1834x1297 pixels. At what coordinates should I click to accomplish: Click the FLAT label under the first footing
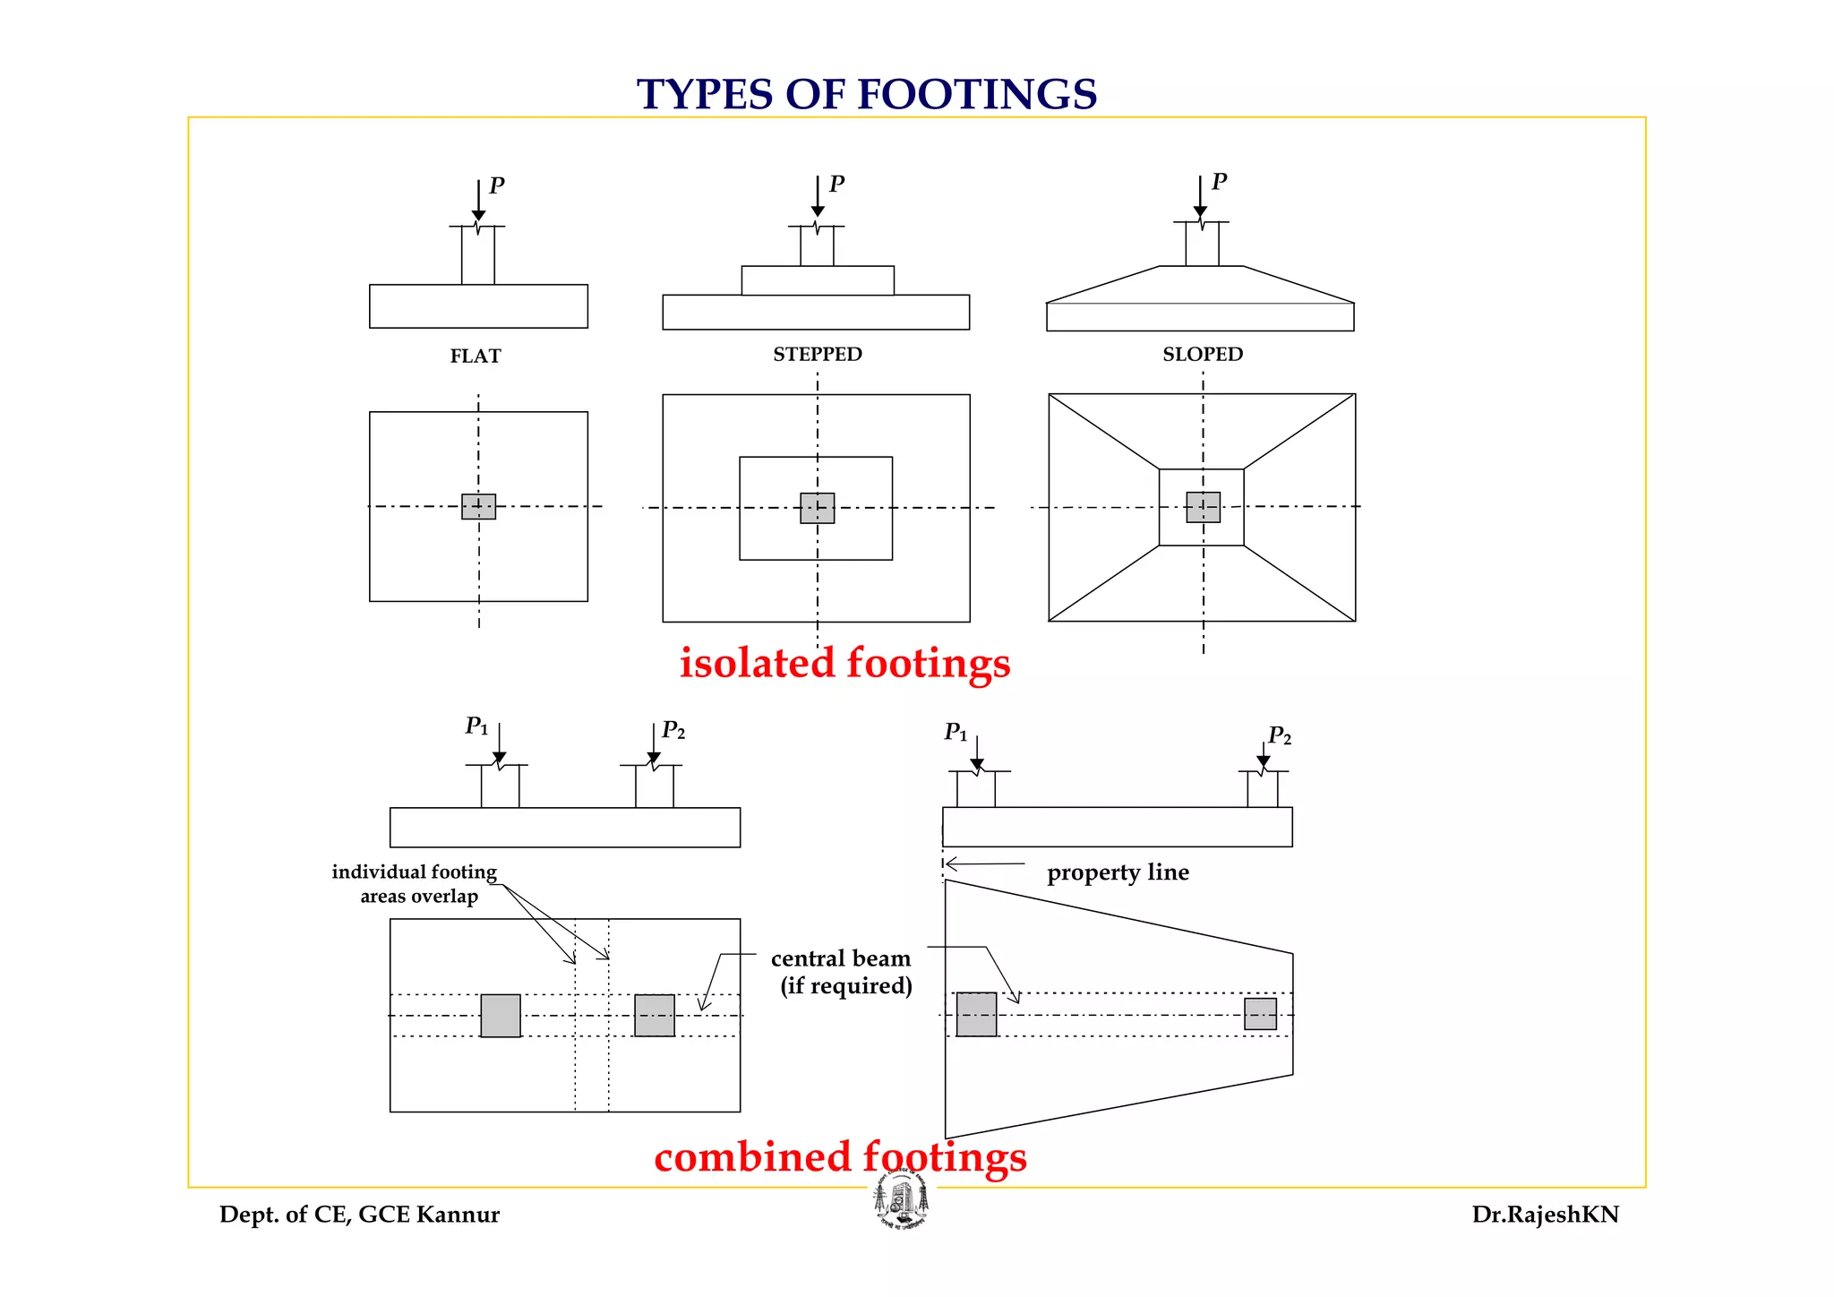coord(476,356)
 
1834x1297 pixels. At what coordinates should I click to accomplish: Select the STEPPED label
coord(818,355)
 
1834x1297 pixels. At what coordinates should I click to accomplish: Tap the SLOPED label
coord(1203,355)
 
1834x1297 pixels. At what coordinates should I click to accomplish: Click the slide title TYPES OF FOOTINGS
coord(867,95)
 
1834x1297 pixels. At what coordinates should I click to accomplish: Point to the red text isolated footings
coord(844,664)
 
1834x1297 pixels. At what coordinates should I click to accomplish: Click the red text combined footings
coord(840,1157)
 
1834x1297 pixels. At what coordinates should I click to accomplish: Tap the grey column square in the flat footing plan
coord(478,507)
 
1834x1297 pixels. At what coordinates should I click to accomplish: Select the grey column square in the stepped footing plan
coord(818,508)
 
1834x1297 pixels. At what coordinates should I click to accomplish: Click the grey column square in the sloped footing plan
coord(1203,507)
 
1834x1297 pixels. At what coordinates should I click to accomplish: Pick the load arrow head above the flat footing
coord(478,215)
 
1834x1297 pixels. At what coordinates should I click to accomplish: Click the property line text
coord(1118,872)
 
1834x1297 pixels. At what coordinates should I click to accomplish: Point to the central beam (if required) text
coord(842,972)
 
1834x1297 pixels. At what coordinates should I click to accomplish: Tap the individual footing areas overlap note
coord(416,884)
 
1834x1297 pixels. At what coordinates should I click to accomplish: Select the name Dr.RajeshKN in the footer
coord(1545,1215)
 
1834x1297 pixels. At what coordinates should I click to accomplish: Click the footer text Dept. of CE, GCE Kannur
coord(359,1215)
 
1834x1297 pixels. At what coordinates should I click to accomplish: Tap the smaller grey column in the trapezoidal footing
coord(1260,1014)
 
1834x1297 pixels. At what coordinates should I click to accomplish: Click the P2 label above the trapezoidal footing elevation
coord(1280,736)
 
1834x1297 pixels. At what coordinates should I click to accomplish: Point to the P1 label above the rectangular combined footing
coord(476,726)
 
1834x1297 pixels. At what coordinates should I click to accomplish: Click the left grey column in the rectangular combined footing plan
coord(501,1016)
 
